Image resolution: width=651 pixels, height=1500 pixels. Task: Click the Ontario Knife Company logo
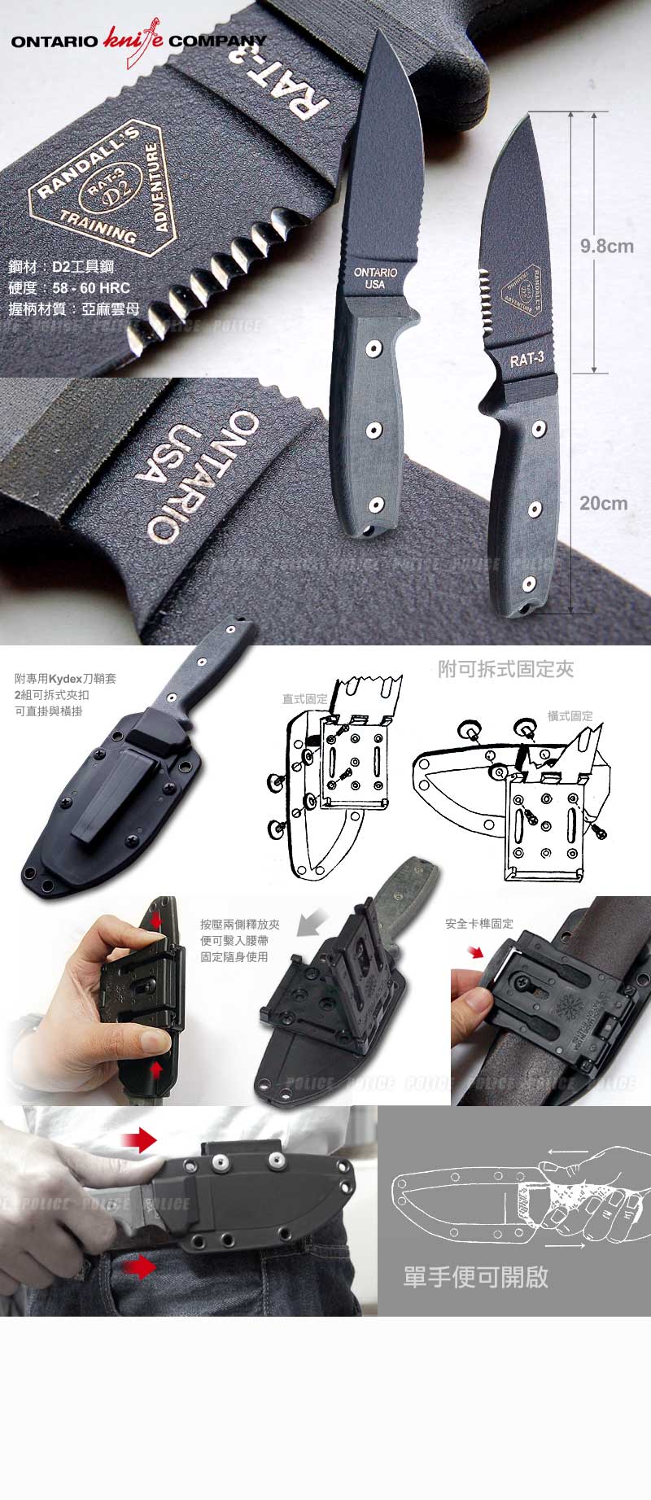click(139, 40)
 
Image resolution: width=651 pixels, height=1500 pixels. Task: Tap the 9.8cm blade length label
click(606, 246)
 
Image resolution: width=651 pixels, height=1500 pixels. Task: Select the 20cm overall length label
click(603, 503)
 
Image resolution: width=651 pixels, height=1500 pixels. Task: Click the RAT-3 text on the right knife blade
click(526, 359)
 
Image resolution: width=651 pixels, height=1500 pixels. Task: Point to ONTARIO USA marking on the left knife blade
click(375, 278)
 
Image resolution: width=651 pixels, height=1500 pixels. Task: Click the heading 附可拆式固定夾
click(505, 669)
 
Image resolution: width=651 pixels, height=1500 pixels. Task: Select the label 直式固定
click(304, 698)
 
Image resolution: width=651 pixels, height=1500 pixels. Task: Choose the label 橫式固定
click(570, 715)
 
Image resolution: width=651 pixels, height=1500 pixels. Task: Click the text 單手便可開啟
click(476, 1276)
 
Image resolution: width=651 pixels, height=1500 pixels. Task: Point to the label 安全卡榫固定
click(479, 924)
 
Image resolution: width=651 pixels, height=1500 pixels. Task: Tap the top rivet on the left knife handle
click(373, 349)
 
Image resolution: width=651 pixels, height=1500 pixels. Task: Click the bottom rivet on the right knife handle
click(530, 583)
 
